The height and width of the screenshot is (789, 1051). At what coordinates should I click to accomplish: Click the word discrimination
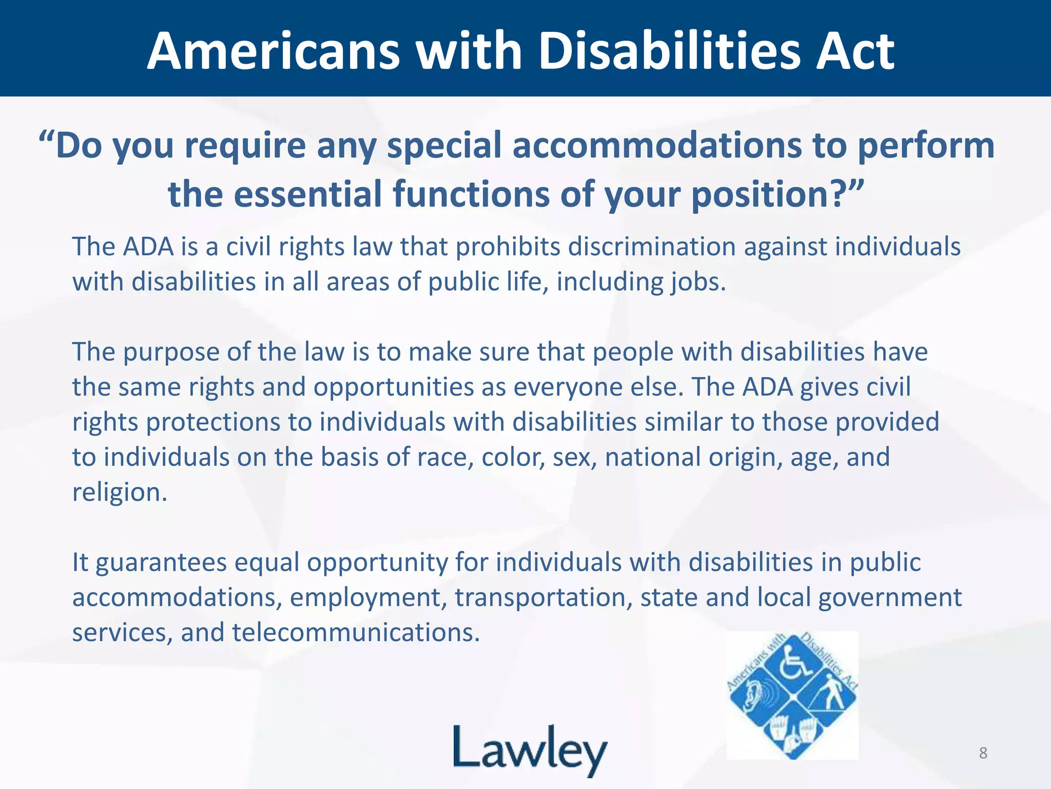click(651, 247)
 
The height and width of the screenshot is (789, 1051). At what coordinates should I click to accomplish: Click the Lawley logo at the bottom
click(530, 750)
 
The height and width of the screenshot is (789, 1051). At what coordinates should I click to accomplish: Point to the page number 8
click(983, 753)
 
